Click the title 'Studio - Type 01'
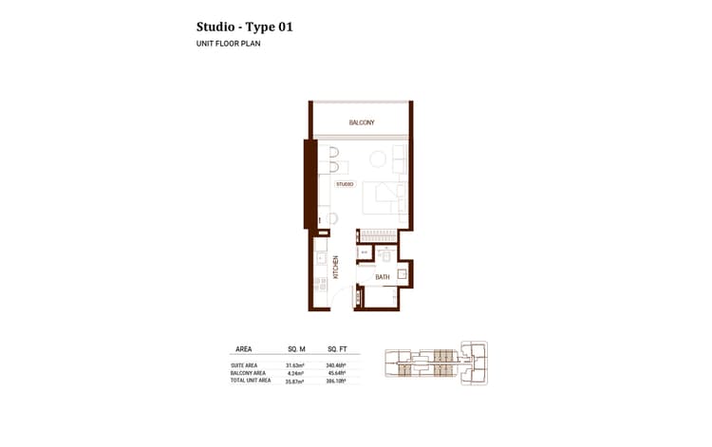pos(244,27)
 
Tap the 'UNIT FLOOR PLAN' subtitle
pos(228,45)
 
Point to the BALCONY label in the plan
pos(361,122)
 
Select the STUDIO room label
pos(344,184)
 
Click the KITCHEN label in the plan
pos(335,265)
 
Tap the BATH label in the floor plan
pos(383,277)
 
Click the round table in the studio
pos(378,159)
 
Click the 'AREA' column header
pos(243,349)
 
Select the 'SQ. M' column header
pos(296,349)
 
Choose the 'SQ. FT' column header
pos(337,349)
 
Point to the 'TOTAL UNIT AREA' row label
pos(251,381)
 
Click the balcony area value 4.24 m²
pos(297,373)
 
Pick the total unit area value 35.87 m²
pos(297,381)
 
